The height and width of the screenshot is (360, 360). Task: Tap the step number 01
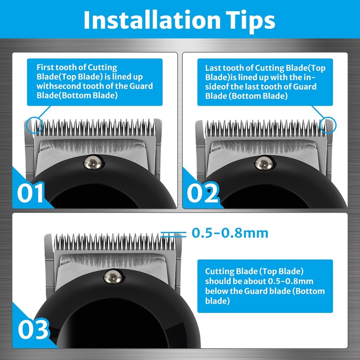pyautogui.click(x=31, y=193)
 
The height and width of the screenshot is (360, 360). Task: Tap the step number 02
pyautogui.click(x=203, y=193)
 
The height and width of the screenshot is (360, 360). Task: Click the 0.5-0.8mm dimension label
pyautogui.click(x=230, y=233)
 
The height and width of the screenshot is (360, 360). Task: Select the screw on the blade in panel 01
pyautogui.click(x=93, y=161)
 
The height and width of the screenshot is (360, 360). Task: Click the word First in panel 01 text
pyautogui.click(x=45, y=67)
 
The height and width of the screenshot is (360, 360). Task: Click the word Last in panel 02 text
pyautogui.click(x=213, y=67)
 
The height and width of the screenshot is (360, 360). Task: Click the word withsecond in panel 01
pyautogui.click(x=55, y=86)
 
